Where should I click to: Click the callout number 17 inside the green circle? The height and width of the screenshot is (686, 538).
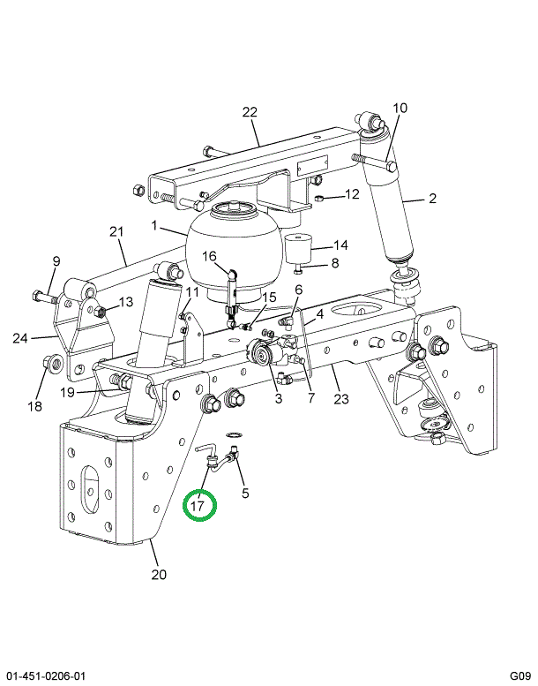click(x=197, y=506)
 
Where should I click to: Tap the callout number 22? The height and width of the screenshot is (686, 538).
click(x=250, y=112)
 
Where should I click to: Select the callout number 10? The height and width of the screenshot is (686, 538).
click(x=400, y=108)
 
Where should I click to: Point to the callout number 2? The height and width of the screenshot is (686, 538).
click(x=432, y=199)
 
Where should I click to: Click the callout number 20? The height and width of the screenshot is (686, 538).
click(x=159, y=574)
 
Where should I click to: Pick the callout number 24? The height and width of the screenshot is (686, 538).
click(x=20, y=338)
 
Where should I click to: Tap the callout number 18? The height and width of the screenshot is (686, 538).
click(x=34, y=406)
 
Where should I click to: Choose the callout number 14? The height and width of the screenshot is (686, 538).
click(x=340, y=245)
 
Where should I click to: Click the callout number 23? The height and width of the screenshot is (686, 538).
click(x=341, y=398)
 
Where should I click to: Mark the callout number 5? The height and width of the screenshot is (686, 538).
click(x=244, y=493)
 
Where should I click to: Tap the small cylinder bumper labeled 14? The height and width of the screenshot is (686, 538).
click(x=297, y=248)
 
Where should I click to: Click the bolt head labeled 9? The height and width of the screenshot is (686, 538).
click(x=37, y=296)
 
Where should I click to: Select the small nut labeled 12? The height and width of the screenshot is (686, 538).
click(x=318, y=199)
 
